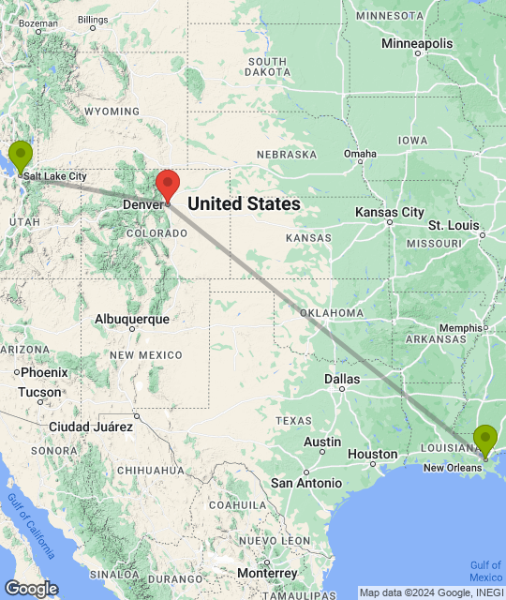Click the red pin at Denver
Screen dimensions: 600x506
pyautogui.click(x=167, y=184)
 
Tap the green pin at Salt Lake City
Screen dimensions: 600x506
pyautogui.click(x=20, y=155)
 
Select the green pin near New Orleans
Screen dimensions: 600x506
pyautogui.click(x=484, y=439)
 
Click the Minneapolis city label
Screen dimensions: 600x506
pyautogui.click(x=417, y=44)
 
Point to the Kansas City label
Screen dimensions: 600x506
pyautogui.click(x=390, y=213)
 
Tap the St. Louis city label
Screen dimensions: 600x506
pyautogui.click(x=454, y=226)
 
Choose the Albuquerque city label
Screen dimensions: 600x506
pyautogui.click(x=132, y=319)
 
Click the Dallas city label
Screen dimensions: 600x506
pyautogui.click(x=341, y=379)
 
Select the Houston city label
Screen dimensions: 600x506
pyautogui.click(x=372, y=454)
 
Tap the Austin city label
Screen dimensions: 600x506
pyautogui.click(x=322, y=442)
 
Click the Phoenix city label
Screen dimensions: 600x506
pyautogui.click(x=43, y=372)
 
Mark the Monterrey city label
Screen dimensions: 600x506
pyautogui.click(x=267, y=573)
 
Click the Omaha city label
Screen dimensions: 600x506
pyautogui.click(x=360, y=154)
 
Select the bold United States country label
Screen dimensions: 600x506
pyautogui.click(x=245, y=203)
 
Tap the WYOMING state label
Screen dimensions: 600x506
pyautogui.click(x=112, y=111)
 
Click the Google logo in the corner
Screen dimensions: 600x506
pyautogui.click(x=30, y=588)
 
